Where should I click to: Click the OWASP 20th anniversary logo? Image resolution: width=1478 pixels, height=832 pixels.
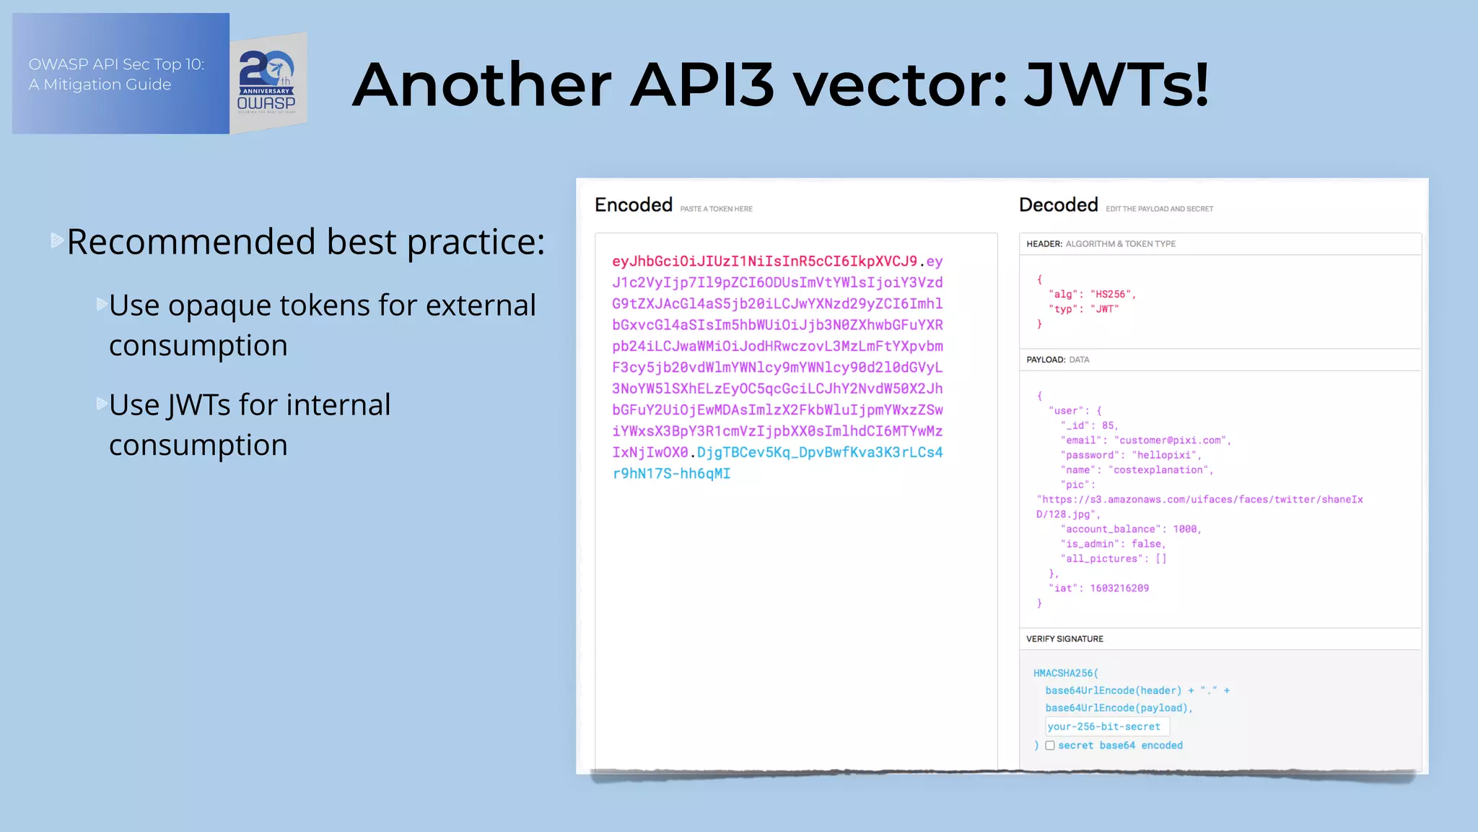[268, 82]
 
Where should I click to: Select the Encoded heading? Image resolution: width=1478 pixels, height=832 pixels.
[633, 205]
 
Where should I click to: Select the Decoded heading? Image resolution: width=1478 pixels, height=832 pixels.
[1058, 205]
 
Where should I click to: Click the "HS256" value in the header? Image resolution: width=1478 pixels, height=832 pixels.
[1111, 294]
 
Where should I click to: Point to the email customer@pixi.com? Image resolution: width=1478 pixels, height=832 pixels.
[1171, 440]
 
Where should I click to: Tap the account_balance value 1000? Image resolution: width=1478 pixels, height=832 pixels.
[1185, 529]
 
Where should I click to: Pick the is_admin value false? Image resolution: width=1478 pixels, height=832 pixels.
[1147, 544]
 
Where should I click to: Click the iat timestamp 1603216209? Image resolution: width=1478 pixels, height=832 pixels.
[1119, 588]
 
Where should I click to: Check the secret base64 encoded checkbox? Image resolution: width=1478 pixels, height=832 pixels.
[1050, 745]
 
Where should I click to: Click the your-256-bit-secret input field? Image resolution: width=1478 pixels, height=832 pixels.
[1106, 727]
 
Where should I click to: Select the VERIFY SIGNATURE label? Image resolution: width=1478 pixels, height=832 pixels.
[1064, 639]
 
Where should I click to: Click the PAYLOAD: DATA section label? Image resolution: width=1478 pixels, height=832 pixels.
[1057, 360]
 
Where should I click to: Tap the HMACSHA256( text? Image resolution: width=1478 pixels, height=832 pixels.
[1065, 673]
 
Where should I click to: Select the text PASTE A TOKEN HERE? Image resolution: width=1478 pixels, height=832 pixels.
[716, 209]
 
